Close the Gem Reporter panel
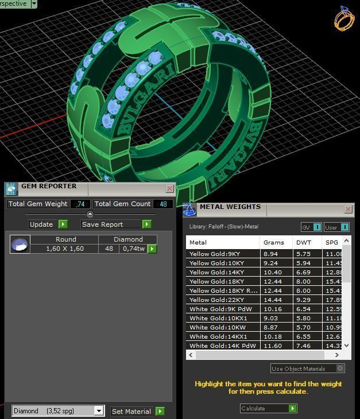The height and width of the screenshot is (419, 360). coord(170,188)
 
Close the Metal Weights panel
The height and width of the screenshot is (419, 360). coord(348,209)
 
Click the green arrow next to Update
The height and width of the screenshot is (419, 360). coord(63,224)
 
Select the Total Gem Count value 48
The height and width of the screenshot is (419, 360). coord(163,204)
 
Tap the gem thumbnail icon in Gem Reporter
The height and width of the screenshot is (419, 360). coord(20,245)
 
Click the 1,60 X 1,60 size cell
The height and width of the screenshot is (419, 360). coord(65,249)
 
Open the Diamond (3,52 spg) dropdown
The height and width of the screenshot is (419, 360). coord(99,411)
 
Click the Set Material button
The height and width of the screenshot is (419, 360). coord(131,412)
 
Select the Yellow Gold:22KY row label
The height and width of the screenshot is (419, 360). coord(216,300)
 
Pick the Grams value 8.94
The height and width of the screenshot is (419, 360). coord(270,254)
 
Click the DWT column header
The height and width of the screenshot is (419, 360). coord(304,243)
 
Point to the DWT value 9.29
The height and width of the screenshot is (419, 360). coord(303,300)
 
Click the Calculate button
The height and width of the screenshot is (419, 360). coord(268,409)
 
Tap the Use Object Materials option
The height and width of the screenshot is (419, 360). coord(307,368)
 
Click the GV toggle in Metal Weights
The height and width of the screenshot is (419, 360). coord(311,227)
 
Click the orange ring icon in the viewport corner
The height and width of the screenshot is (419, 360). coord(344,18)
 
